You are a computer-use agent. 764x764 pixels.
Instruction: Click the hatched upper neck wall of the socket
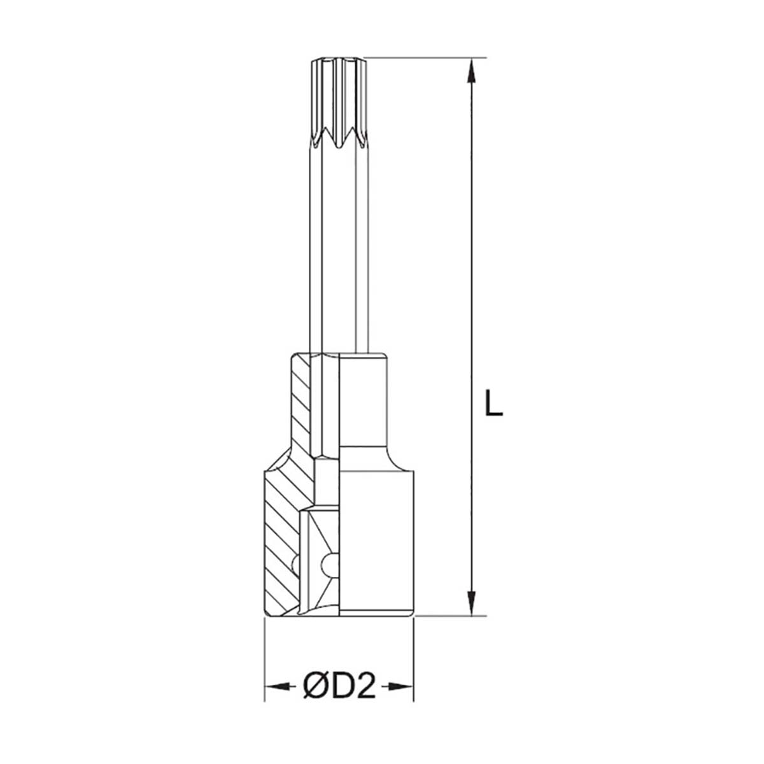pos(303,407)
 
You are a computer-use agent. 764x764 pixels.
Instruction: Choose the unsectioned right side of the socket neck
pos(363,407)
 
